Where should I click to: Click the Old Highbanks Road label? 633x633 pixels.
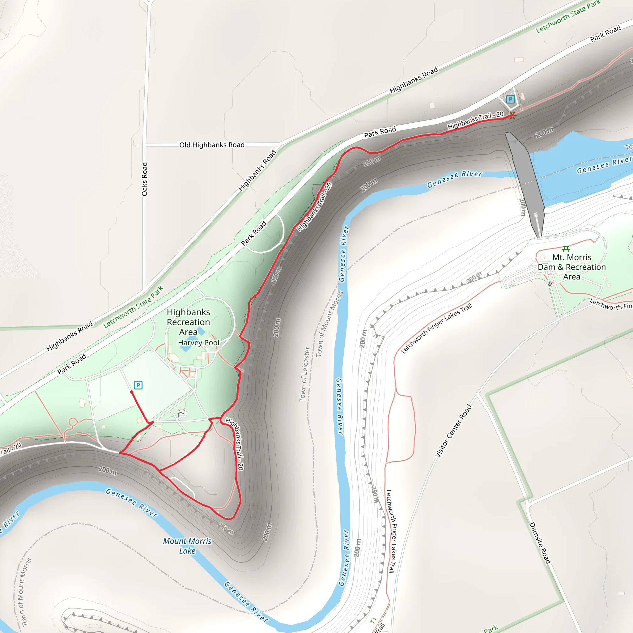(212, 145)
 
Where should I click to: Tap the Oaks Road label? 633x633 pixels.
(144, 179)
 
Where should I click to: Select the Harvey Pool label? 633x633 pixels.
(198, 343)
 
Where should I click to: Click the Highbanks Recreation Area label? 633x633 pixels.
(189, 322)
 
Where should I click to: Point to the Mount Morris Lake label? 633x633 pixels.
(187, 546)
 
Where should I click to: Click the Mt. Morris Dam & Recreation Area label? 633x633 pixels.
(572, 267)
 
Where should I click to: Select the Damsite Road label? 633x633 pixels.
(540, 542)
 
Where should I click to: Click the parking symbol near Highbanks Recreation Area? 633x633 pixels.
(138, 385)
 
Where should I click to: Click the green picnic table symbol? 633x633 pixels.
(566, 249)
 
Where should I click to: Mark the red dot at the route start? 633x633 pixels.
(132, 392)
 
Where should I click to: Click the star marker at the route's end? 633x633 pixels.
(513, 115)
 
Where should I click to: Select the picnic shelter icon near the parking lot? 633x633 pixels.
(181, 413)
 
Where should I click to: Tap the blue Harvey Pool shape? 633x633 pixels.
(185, 349)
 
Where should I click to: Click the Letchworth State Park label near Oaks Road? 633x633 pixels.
(133, 307)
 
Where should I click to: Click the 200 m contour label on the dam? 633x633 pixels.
(523, 207)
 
